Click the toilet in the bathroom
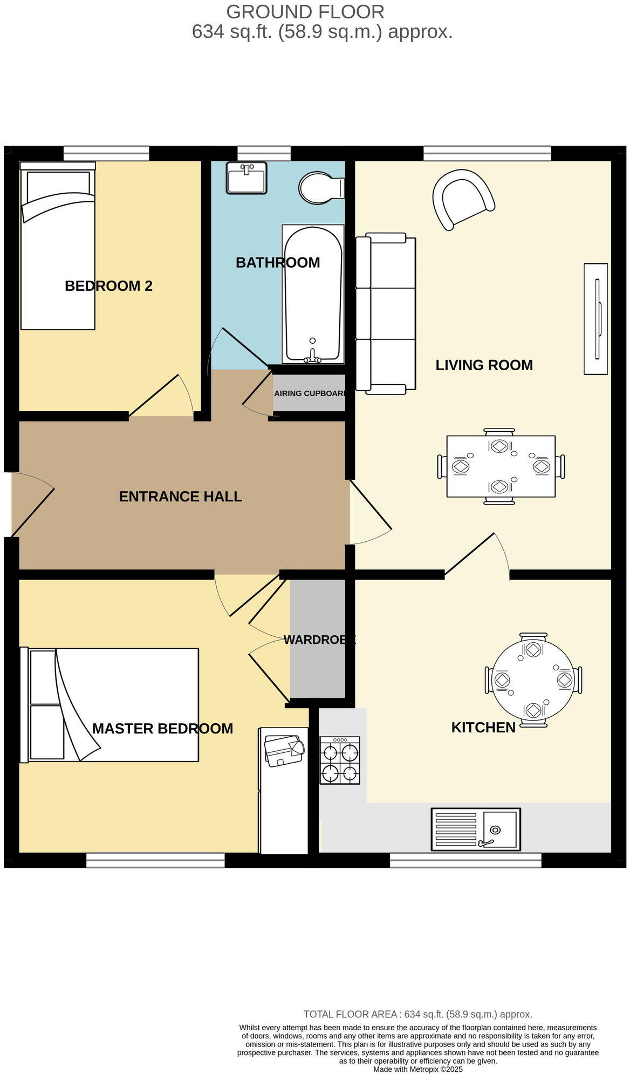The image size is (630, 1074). [321, 188]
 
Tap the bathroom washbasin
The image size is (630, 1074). [246, 178]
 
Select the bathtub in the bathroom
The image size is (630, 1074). [313, 294]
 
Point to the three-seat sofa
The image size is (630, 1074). [386, 313]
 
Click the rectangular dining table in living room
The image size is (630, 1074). [501, 466]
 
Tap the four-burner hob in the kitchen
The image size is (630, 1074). [340, 760]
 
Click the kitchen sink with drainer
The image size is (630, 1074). [476, 829]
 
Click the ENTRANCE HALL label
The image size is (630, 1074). [180, 497]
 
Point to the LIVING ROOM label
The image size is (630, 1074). [484, 365]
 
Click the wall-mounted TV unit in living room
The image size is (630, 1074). [596, 318]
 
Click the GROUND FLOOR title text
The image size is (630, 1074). [305, 12]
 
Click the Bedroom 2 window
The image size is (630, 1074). [106, 154]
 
